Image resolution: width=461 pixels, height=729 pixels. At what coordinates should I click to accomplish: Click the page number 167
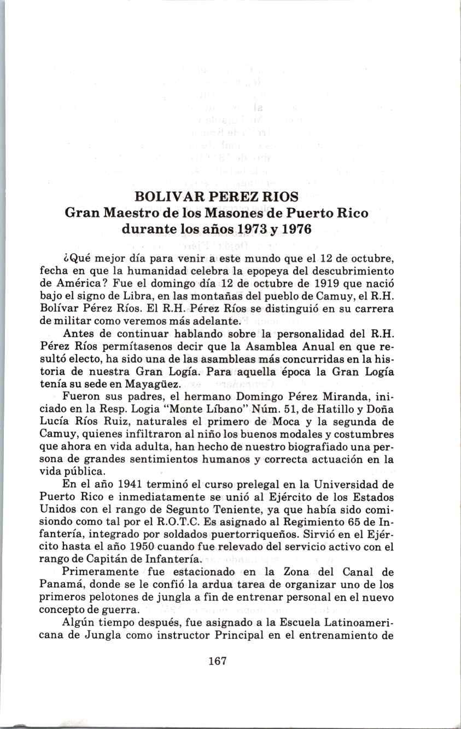[x=217, y=661]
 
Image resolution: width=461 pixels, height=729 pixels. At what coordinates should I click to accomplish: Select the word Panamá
[x=59, y=585]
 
